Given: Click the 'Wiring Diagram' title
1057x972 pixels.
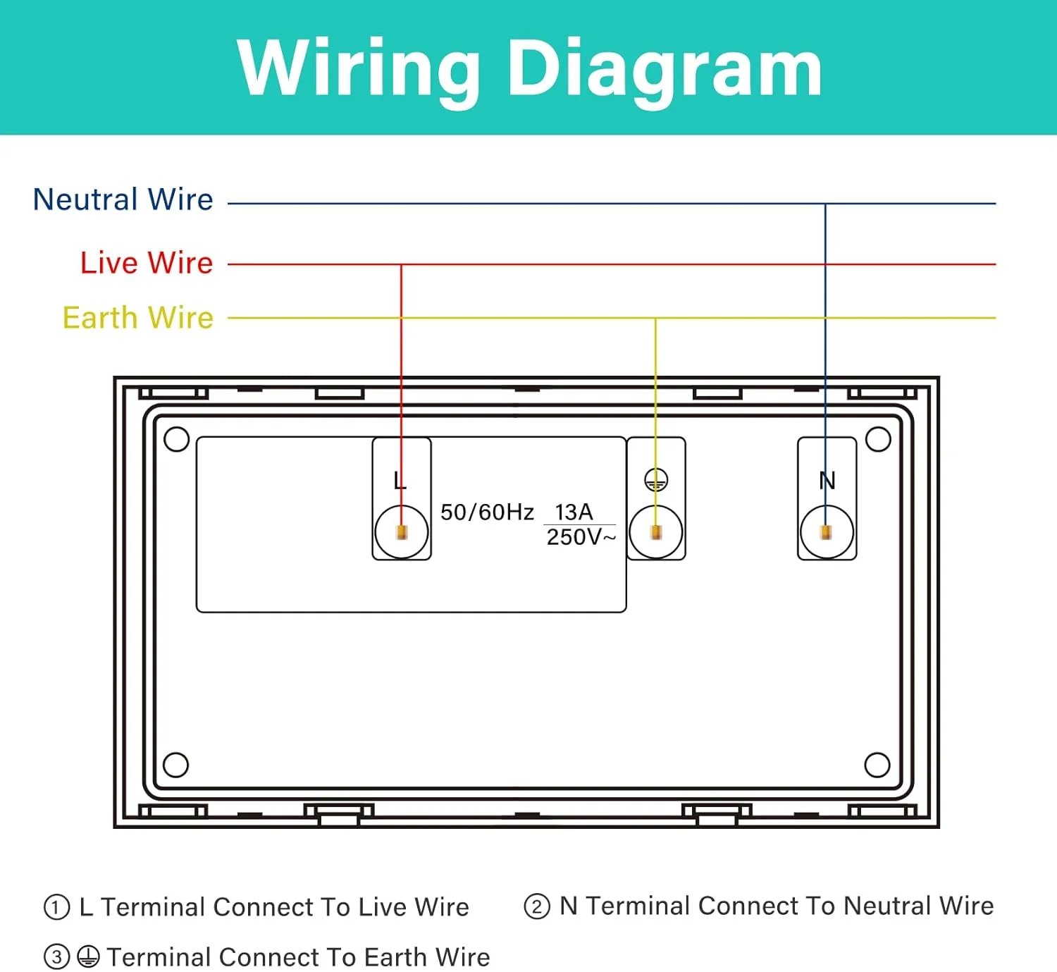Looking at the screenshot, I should pos(529,68).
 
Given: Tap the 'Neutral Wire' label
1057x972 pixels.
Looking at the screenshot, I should pos(123,199).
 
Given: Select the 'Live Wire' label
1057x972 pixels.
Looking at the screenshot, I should pos(147,262).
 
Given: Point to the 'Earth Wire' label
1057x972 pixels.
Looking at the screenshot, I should pos(138,318).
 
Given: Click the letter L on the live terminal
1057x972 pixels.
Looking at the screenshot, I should pos(400,481).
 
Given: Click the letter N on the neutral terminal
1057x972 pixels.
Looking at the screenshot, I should pos(827,481).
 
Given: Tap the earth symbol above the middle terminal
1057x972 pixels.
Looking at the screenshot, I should pos(656,481).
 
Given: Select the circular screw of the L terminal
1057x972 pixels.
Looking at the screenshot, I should pos(402,532).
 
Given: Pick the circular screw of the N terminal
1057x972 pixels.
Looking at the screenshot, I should pos(827,532).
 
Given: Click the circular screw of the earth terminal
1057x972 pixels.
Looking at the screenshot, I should pos(655,532).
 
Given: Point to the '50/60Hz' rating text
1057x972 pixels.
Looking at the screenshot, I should pos(487,512).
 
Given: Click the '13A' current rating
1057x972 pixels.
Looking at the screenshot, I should pos(574,512).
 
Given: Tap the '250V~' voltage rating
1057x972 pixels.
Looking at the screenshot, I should pos(581,537).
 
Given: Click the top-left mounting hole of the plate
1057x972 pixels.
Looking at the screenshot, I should pos(176,439).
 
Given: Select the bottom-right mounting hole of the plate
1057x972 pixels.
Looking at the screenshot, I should pos(877,765).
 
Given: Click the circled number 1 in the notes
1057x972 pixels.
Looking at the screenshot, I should pos(57,907).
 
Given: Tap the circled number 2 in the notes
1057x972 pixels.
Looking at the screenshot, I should pos(537,906).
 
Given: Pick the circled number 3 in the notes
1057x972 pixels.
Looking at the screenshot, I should pos(57,957).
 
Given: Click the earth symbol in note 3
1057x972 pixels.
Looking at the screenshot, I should pos(88,957).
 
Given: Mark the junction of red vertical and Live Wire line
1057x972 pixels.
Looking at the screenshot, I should pos(401,265).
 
